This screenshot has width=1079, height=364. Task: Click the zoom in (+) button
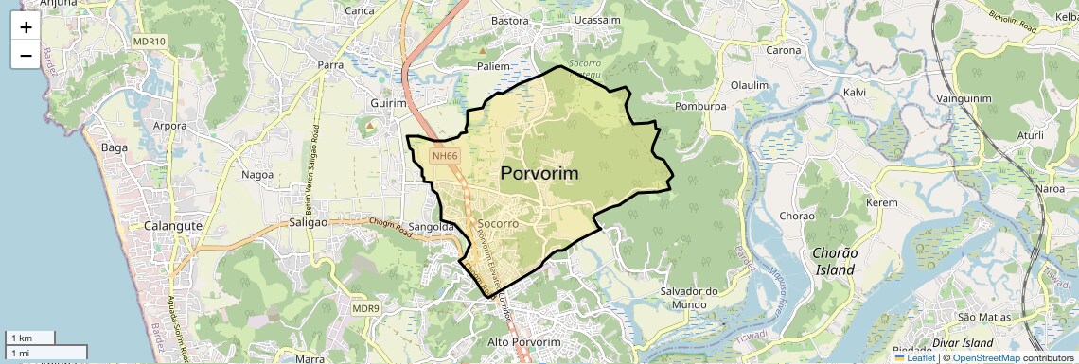[x=25, y=26]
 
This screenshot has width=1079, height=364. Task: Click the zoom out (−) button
[x=25, y=56]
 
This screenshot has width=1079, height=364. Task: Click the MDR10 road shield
[x=150, y=42]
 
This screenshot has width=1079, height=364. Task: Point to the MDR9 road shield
[x=365, y=308]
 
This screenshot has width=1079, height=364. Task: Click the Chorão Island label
[x=835, y=261]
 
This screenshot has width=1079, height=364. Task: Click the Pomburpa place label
[x=700, y=107]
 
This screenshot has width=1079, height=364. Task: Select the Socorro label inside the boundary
[x=498, y=224]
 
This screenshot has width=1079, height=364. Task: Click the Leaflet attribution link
[x=914, y=357]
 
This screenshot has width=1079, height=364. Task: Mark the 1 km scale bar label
[x=21, y=338]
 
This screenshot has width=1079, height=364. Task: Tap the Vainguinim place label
[x=963, y=98]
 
